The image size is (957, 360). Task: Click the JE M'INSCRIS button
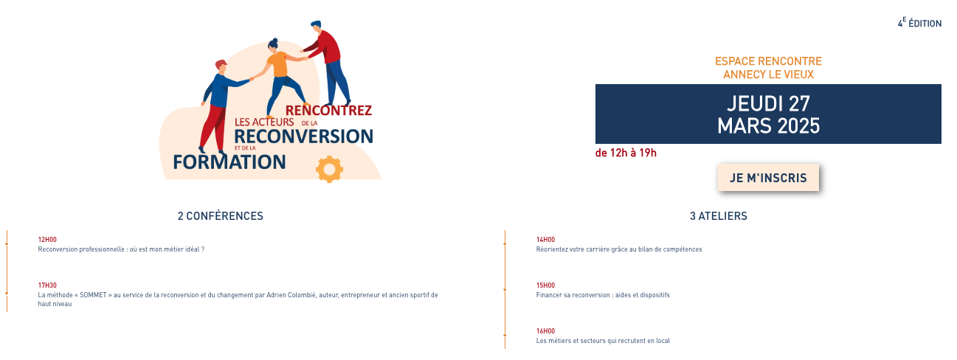[x=768, y=178]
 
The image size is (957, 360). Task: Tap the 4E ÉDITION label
[x=919, y=23]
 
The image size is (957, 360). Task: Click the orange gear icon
[x=329, y=169]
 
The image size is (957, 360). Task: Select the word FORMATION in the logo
[x=229, y=162]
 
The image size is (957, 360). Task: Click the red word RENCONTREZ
[x=328, y=111]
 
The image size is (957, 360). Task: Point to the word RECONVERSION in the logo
[x=304, y=136]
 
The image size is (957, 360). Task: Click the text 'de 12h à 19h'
[x=626, y=153]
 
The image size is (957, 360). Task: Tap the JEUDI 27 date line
[x=768, y=103]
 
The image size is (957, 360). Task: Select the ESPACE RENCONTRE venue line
[x=768, y=61]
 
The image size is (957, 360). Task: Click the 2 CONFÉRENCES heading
[x=221, y=216]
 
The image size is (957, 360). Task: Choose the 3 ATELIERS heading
[x=719, y=216]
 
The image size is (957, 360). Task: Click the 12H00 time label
[x=47, y=240]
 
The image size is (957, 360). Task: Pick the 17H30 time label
[x=47, y=285]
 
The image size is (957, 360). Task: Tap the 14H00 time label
[x=545, y=240]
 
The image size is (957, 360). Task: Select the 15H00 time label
[x=545, y=285]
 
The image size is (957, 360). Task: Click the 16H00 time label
[x=545, y=331]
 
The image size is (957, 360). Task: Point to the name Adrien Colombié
[x=291, y=295]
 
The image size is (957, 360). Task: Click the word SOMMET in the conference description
[x=93, y=295]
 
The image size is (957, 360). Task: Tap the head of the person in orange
[x=273, y=46]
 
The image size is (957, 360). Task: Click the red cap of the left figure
[x=221, y=64]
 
